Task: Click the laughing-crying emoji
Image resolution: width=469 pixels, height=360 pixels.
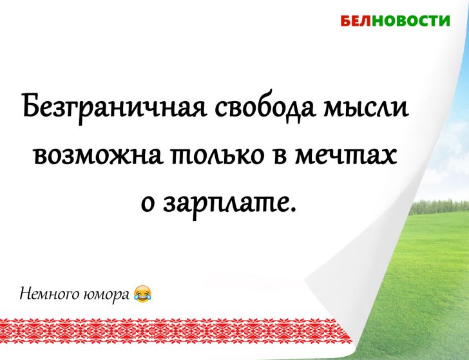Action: pos(143,294)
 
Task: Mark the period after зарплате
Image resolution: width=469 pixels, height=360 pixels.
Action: pos(296,211)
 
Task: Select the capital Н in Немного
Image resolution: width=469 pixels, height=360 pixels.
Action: pos(26,294)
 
